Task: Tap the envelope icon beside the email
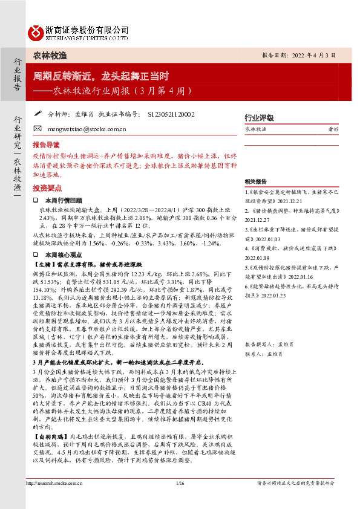click(38, 129)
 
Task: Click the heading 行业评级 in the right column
click(258, 117)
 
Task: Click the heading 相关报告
click(257, 181)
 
